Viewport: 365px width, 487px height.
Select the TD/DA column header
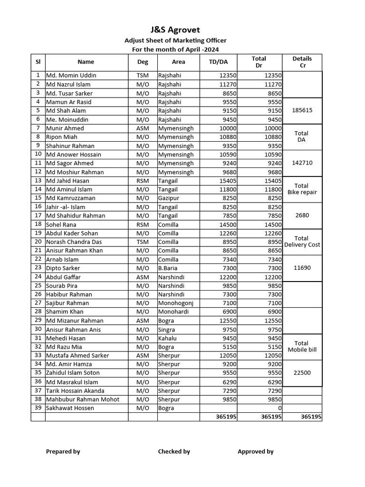coord(218,62)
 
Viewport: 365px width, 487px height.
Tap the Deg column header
coord(143,62)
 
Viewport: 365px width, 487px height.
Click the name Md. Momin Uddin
coord(71,76)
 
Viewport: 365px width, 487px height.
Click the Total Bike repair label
coord(302,189)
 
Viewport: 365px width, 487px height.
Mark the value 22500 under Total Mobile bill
coord(302,373)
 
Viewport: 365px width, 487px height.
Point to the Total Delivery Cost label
coord(302,242)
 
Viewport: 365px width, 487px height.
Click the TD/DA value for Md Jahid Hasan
coord(227,181)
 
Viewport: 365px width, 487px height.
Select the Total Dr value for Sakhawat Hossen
coord(279,408)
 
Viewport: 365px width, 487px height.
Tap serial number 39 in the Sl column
coord(38,408)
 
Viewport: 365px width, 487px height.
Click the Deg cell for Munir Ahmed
coord(143,128)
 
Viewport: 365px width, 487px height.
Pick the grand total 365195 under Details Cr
coord(311,417)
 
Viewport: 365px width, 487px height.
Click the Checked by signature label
coord(174,452)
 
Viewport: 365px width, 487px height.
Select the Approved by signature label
coord(255,452)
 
